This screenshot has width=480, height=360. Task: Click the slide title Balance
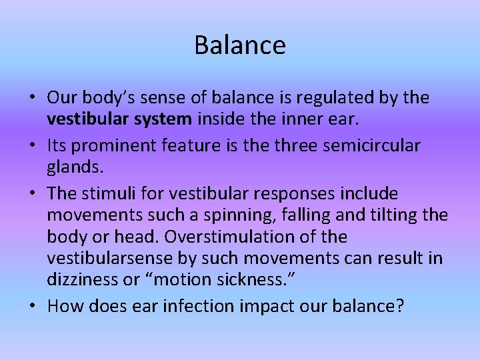pos(240,45)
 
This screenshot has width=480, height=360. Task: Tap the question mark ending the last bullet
pos(400,307)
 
